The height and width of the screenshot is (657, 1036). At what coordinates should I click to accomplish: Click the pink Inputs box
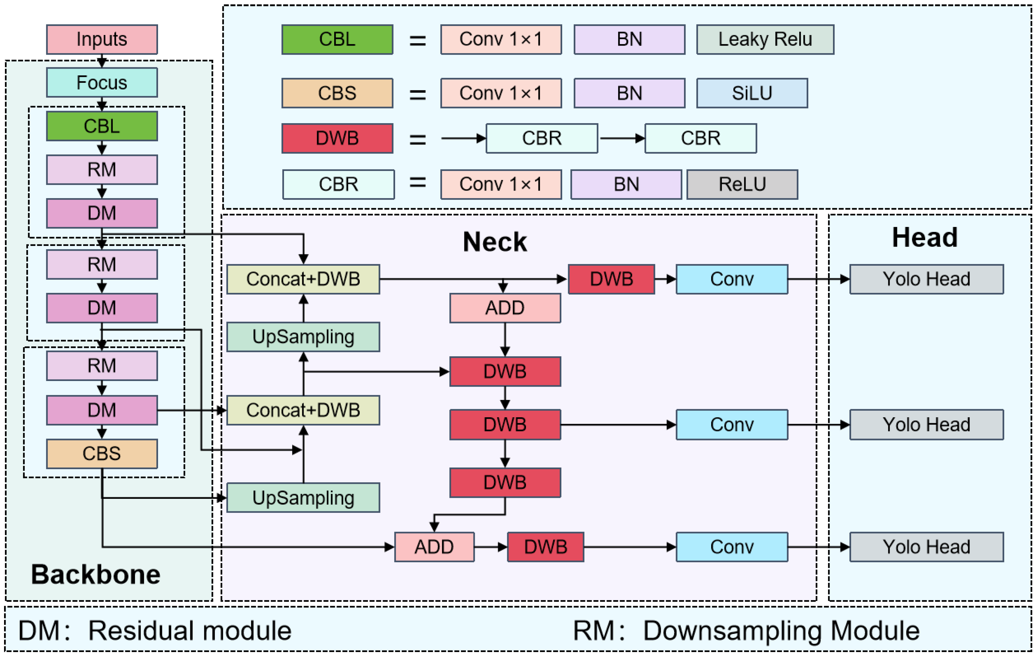click(102, 39)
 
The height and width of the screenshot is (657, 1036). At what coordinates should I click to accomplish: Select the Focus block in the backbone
click(102, 82)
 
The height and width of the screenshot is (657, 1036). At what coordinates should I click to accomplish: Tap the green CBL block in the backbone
click(102, 126)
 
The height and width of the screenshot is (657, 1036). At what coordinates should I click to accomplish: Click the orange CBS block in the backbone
click(102, 453)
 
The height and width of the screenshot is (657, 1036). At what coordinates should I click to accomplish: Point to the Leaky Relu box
click(765, 39)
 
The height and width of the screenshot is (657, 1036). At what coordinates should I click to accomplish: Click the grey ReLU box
click(742, 184)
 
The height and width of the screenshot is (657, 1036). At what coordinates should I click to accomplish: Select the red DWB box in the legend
click(337, 138)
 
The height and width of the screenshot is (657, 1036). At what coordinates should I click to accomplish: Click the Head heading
click(924, 237)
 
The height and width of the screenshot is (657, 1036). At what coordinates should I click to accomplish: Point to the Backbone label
click(96, 574)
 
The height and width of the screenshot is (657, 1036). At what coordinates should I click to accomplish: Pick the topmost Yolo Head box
click(926, 279)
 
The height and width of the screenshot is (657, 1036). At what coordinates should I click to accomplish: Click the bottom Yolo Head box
click(926, 547)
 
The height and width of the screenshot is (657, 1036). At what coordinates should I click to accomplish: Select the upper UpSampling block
click(303, 337)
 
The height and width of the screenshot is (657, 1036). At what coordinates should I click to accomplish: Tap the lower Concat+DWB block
click(303, 410)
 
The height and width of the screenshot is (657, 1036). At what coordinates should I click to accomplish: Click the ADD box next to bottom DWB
click(434, 547)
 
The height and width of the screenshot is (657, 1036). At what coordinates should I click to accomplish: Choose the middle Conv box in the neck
click(732, 424)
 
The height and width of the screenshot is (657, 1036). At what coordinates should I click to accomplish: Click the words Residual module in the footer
click(190, 631)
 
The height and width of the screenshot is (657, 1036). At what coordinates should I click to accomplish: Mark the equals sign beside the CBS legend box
click(417, 94)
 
